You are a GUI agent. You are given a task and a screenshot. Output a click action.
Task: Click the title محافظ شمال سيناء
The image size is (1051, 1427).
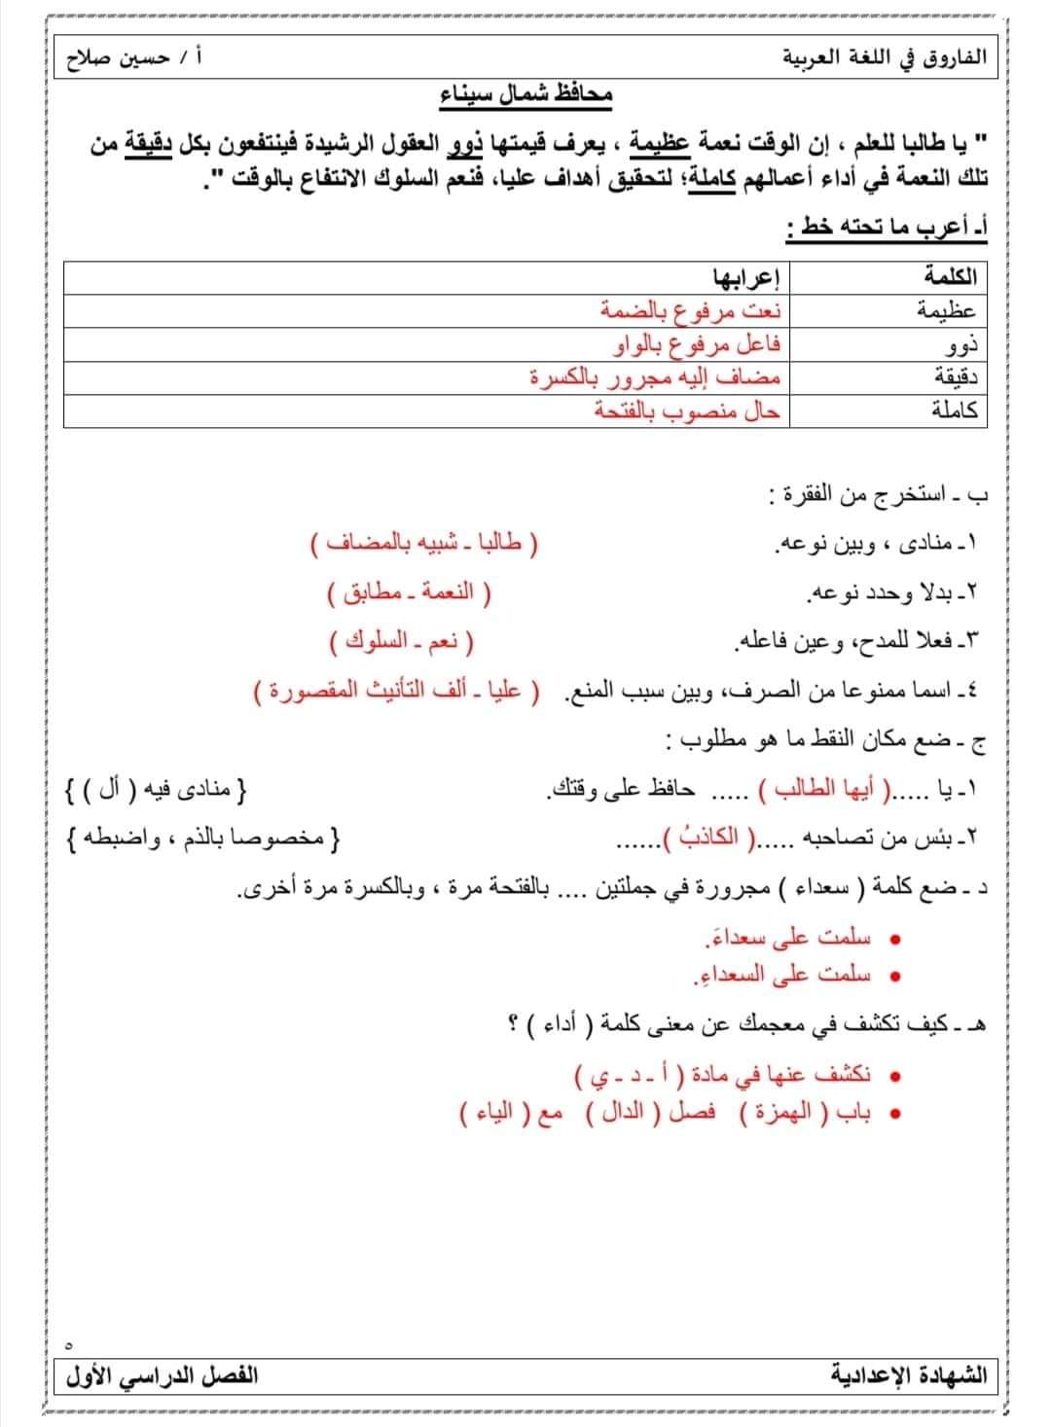tap(525, 95)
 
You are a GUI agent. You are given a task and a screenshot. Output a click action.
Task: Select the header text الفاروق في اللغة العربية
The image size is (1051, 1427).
tap(885, 58)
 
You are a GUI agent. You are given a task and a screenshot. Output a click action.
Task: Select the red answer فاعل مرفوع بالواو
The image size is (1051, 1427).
tap(698, 345)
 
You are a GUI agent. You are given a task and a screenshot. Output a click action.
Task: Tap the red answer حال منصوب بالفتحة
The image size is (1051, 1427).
tap(687, 411)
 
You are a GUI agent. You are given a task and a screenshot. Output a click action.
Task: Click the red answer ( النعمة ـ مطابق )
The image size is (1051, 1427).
tap(409, 590)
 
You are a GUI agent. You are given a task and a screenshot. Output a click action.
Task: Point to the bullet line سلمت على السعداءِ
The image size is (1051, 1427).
tap(788, 974)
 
